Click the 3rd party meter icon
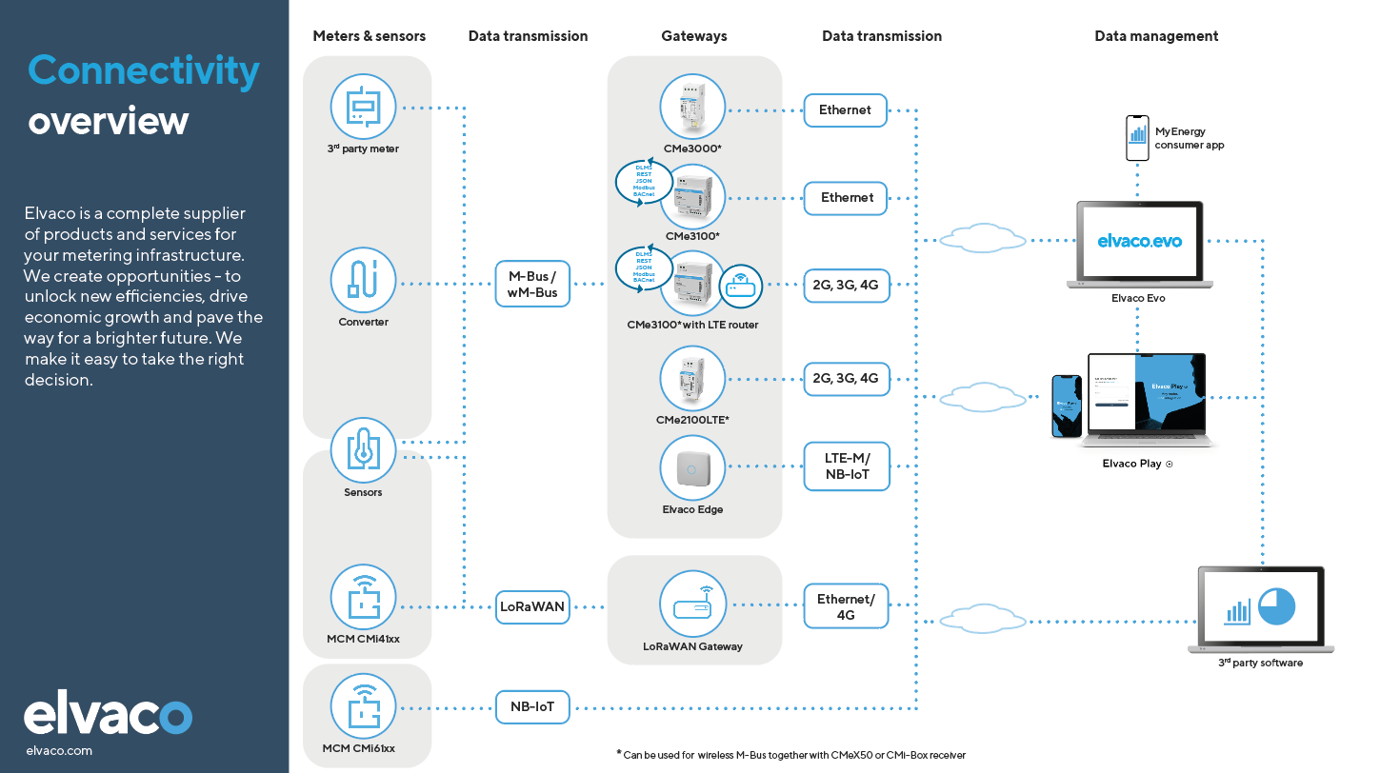pos(363,108)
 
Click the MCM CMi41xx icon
pos(363,597)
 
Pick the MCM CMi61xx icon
pos(363,707)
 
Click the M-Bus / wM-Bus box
pos(532,284)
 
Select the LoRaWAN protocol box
pos(532,606)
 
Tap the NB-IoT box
pos(532,707)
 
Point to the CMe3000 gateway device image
pos(692,108)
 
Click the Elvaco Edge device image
pos(692,466)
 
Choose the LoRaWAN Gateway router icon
pos(692,605)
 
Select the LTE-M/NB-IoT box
pos(846,466)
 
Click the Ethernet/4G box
pos(846,606)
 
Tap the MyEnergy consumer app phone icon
pos(1137,139)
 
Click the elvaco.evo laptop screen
pos(1139,241)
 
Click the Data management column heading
pos(1156,36)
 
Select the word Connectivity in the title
pos(144,70)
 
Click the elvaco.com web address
pos(59,750)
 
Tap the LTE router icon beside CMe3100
pos(740,285)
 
